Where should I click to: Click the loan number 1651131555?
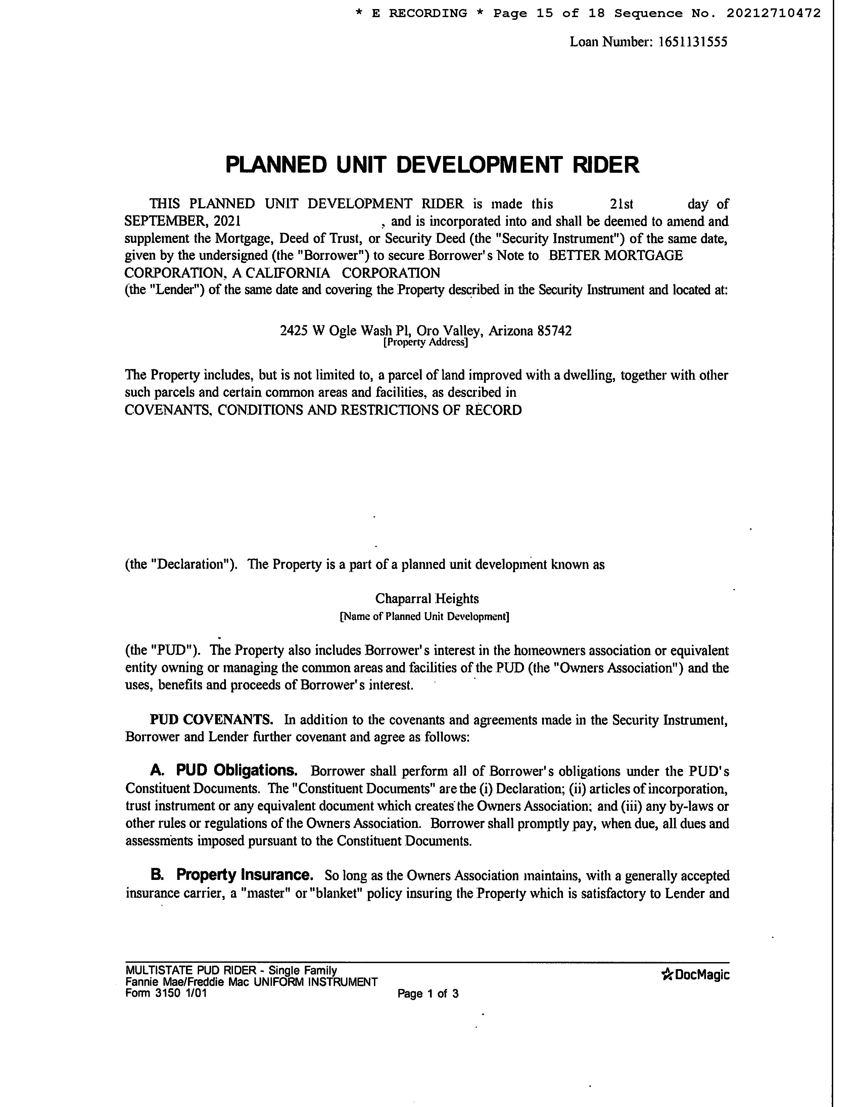pyautogui.click(x=693, y=42)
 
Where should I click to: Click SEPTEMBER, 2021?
pyautogui.click(x=183, y=221)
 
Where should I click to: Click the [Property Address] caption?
pyautogui.click(x=425, y=342)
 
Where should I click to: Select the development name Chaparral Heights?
pyautogui.click(x=427, y=598)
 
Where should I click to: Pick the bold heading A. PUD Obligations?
pyautogui.click(x=224, y=771)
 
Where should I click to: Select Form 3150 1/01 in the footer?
pyautogui.click(x=166, y=993)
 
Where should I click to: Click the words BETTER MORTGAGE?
pyautogui.click(x=616, y=256)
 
